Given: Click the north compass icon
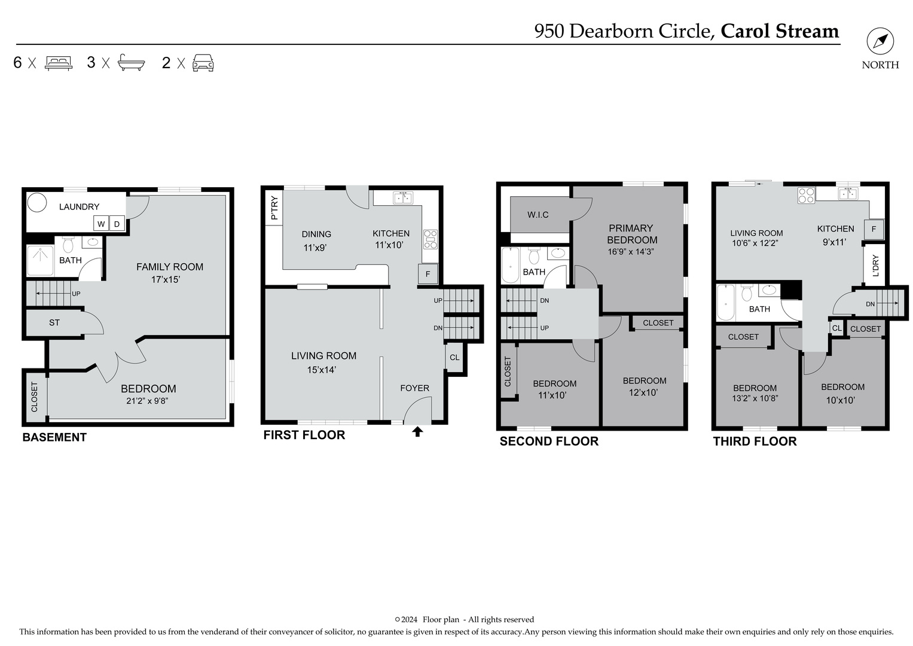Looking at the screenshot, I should tap(880, 42).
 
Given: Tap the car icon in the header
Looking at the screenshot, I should tap(203, 63).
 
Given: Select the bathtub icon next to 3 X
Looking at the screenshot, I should tap(131, 63).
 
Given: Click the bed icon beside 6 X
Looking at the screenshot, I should tap(59, 63).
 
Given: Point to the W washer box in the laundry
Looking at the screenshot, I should tap(101, 224).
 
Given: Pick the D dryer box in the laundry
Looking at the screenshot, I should tap(117, 224).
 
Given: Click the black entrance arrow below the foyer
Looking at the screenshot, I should tap(417, 431).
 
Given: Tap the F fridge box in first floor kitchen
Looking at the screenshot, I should tap(428, 275).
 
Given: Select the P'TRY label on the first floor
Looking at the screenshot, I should tap(274, 209).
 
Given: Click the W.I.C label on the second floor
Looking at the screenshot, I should tap(538, 215).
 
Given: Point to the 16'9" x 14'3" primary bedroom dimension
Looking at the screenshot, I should tap(631, 252).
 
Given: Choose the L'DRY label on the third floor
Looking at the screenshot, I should tap(875, 266).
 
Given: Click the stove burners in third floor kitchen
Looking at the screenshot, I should tap(806, 195).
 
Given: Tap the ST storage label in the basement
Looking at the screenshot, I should tap(54, 323).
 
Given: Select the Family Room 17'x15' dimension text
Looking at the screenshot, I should tap(166, 279).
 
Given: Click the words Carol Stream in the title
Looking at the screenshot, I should tap(779, 31).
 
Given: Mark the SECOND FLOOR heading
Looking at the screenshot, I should tap(549, 441).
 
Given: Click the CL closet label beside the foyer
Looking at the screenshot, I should tap(454, 358).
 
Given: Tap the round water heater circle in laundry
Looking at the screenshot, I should tap(38, 202).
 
